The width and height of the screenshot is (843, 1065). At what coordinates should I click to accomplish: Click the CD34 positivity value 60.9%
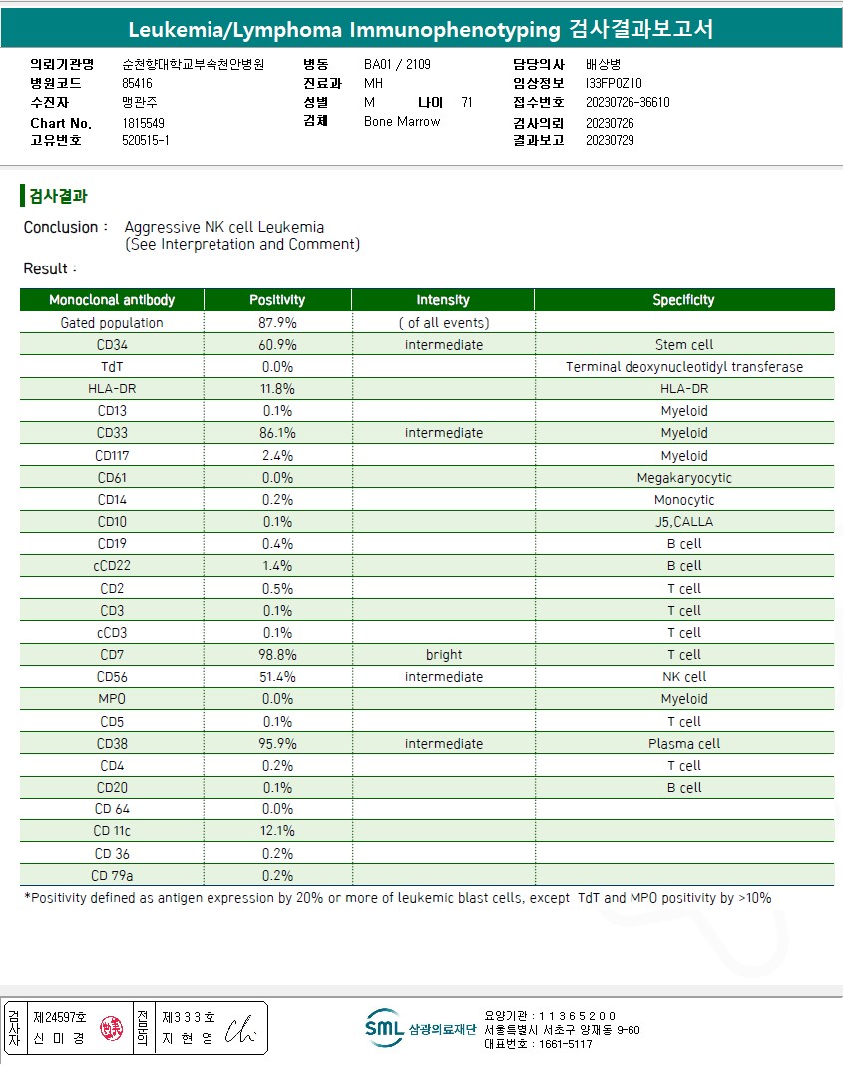tap(277, 345)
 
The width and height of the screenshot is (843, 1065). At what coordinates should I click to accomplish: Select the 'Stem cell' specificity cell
tap(683, 345)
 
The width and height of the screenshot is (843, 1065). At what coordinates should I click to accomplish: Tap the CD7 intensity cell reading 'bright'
tap(443, 655)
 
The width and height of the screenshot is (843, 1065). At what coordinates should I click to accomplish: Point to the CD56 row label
tap(112, 677)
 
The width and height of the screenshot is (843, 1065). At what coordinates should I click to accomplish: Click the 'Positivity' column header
tap(277, 300)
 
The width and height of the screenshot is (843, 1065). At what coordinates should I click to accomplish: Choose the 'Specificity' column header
tap(683, 300)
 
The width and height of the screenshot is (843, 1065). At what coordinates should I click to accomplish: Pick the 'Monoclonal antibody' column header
tap(112, 300)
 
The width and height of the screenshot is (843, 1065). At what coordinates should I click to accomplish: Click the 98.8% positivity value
tap(277, 655)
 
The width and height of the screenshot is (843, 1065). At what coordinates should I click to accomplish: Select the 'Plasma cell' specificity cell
tap(683, 744)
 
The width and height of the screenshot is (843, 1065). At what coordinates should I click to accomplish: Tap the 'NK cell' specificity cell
tap(683, 677)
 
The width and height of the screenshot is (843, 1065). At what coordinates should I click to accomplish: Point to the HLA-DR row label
tap(112, 389)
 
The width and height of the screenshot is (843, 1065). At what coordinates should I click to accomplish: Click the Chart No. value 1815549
tap(144, 123)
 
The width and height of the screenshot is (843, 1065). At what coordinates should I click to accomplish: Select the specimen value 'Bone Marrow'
tap(402, 121)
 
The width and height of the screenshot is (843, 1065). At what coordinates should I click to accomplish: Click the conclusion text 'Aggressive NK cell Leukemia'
tap(224, 227)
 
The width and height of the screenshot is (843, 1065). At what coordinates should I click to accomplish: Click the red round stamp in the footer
tap(110, 1028)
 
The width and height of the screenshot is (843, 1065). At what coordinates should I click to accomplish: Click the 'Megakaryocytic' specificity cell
tap(683, 478)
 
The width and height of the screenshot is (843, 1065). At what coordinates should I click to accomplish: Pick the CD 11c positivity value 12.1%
tap(277, 831)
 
